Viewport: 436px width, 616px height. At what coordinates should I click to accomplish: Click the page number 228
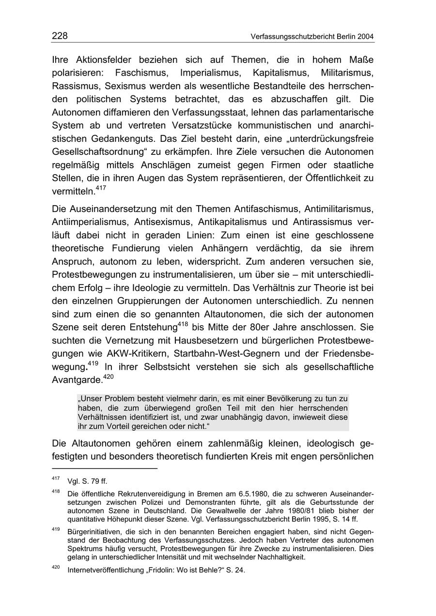(x=60, y=36)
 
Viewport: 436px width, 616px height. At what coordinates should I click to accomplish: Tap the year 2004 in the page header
(x=365, y=37)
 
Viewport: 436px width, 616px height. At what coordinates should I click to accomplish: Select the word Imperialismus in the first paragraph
(x=210, y=73)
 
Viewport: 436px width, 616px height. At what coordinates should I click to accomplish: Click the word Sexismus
(x=127, y=86)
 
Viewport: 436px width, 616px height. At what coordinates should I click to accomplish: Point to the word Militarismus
(x=347, y=73)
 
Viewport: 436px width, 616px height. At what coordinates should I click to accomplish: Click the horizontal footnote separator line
(x=104, y=468)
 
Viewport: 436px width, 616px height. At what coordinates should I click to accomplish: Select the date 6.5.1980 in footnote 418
(x=253, y=494)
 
